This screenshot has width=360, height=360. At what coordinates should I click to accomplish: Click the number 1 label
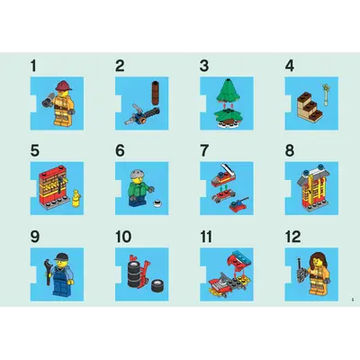tap(34, 66)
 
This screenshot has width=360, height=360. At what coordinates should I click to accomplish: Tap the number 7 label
tap(203, 149)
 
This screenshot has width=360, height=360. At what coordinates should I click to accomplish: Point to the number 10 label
tap(122, 238)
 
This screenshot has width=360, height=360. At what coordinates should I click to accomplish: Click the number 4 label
tap(289, 66)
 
